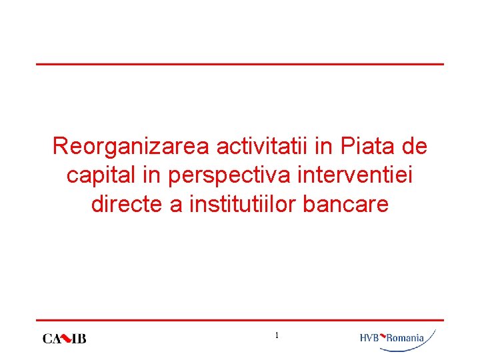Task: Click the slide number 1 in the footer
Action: point(277,335)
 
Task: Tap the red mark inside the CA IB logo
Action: point(66,338)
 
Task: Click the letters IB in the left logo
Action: point(79,339)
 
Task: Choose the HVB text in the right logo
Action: point(369,338)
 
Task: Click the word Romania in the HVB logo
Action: point(405,338)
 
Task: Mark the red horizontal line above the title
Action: point(239,64)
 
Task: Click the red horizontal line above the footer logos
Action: point(239,320)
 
